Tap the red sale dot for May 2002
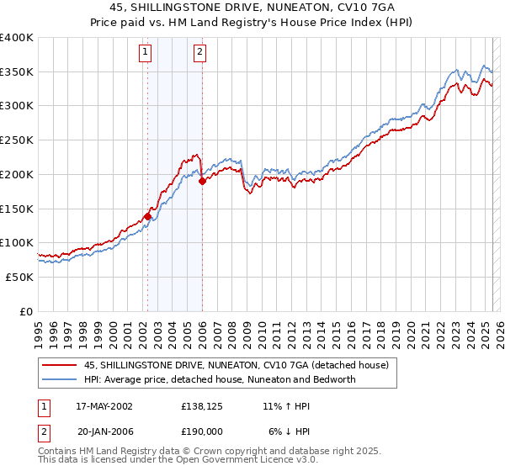[147, 216]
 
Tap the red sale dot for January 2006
[202, 181]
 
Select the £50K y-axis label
[19, 277]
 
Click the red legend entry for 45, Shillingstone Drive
[236, 366]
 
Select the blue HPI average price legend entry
[219, 379]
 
